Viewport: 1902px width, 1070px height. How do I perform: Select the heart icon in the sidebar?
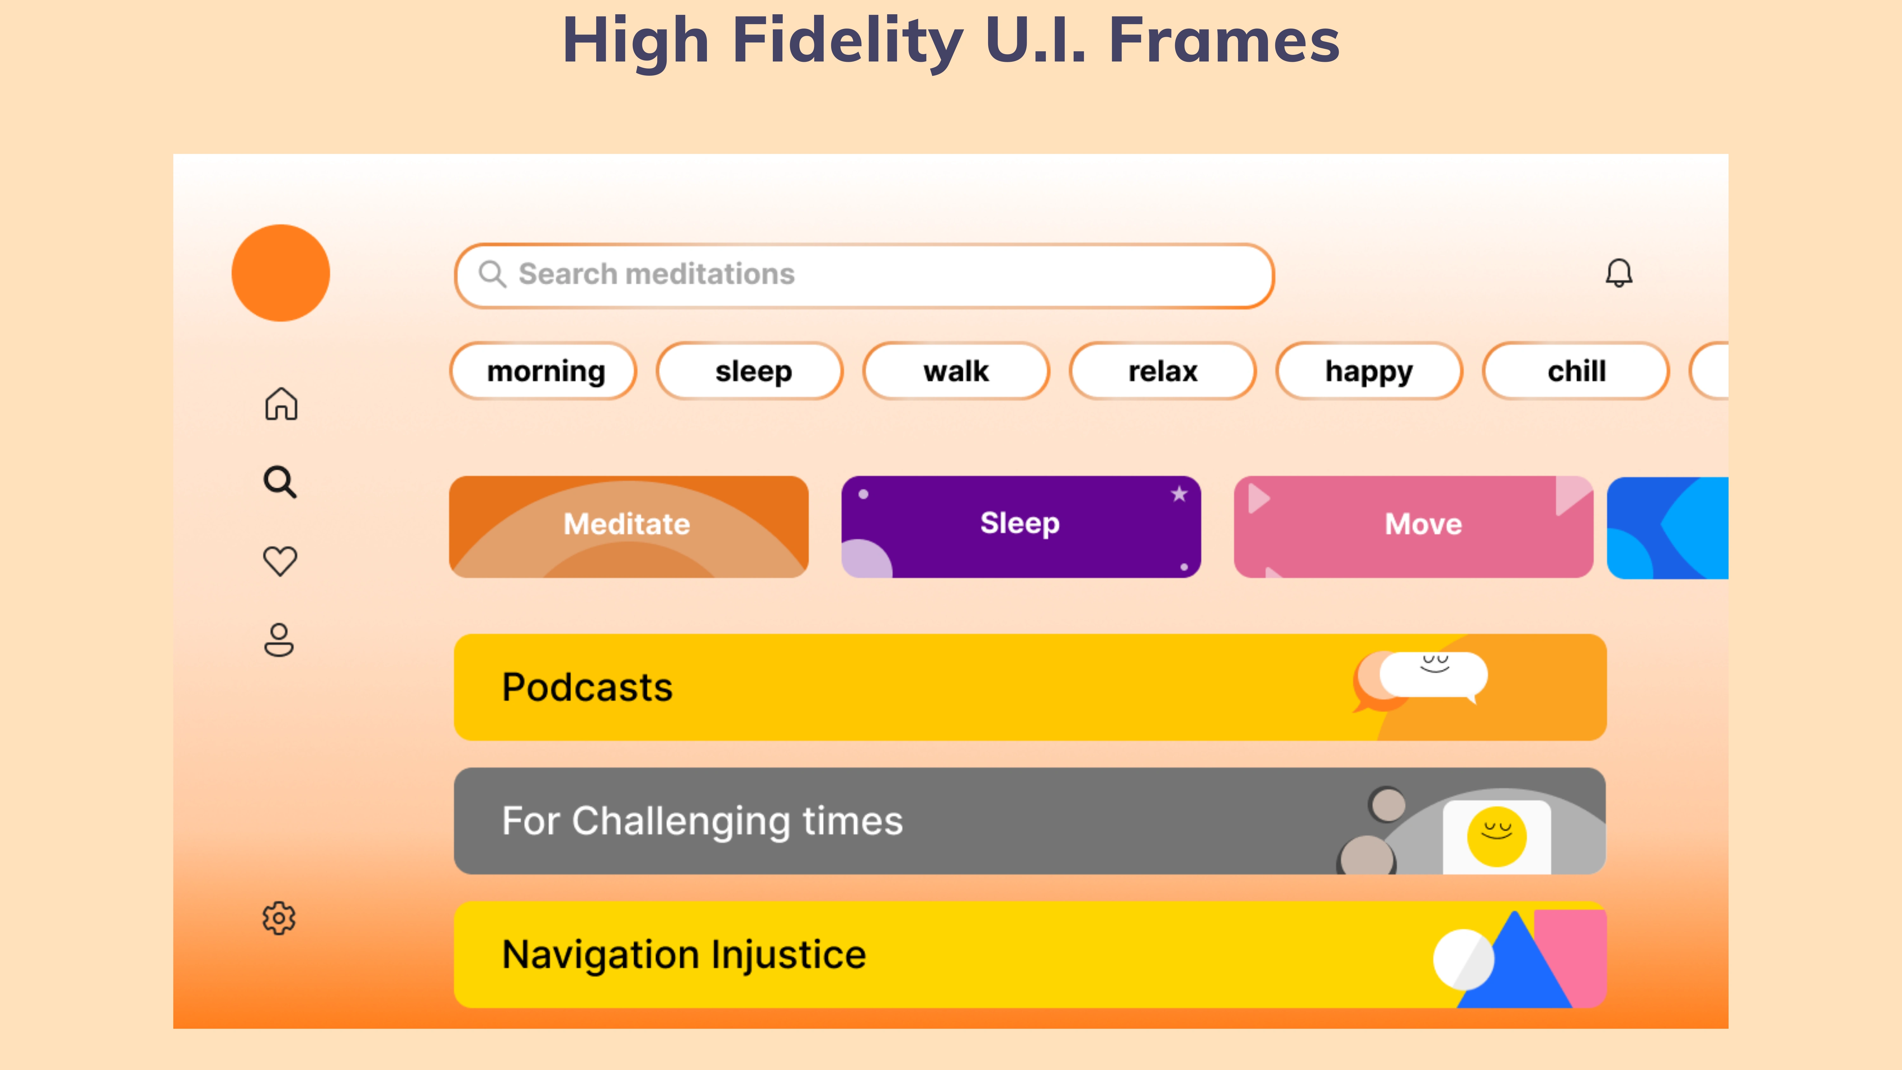pyautogui.click(x=280, y=561)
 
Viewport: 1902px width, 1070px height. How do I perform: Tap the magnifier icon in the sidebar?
pyautogui.click(x=280, y=482)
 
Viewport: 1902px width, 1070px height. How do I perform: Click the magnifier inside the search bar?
pyautogui.click(x=492, y=274)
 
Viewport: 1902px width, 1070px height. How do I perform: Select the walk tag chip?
pyautogui.click(x=956, y=371)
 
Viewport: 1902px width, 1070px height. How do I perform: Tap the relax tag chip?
pyautogui.click(x=1163, y=371)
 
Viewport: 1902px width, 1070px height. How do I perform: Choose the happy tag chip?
pyautogui.click(x=1369, y=371)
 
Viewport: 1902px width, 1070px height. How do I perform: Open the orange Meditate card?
pyautogui.click(x=628, y=527)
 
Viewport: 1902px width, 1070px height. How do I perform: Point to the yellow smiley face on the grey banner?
pyautogui.click(x=1497, y=837)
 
